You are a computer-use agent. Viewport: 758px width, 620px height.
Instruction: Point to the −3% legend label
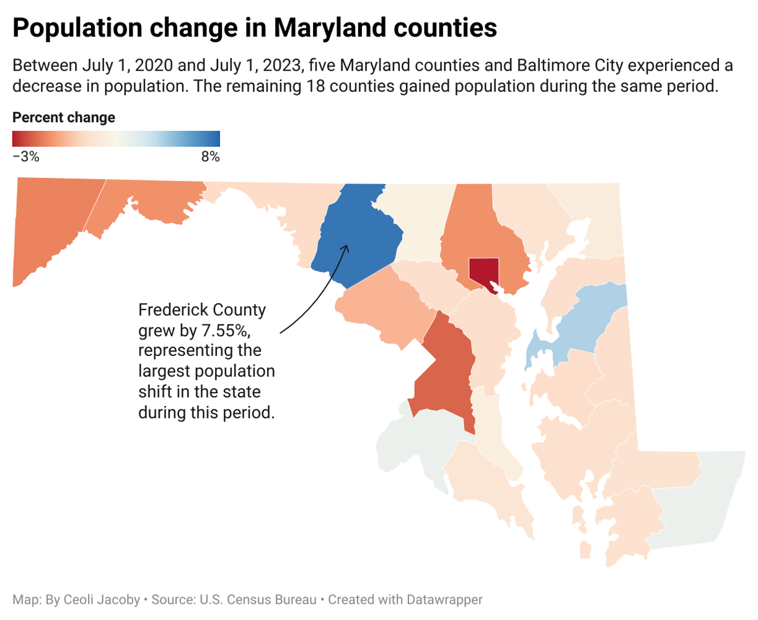tap(26, 157)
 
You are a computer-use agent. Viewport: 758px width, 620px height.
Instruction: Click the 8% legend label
tap(210, 157)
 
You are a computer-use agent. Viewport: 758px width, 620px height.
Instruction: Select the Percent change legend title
tap(64, 118)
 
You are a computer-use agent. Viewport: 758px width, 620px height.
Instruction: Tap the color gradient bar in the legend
tap(116, 139)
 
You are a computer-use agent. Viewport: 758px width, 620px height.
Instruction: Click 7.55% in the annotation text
tap(221, 330)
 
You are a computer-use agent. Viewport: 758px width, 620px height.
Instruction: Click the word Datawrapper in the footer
tap(444, 600)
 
